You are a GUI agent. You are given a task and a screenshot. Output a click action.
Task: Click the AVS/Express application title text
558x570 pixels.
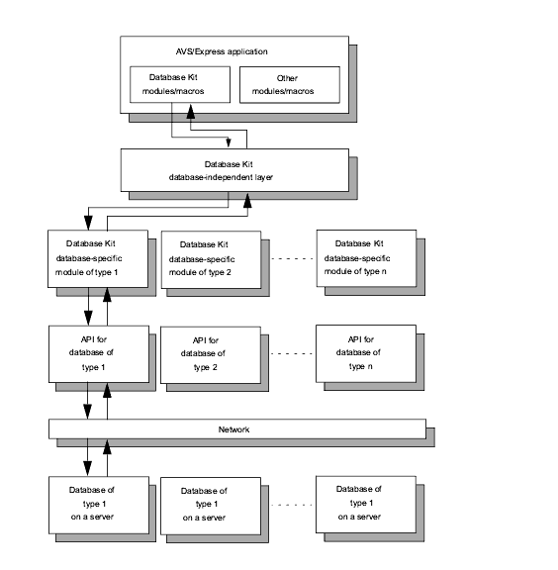tap(222, 51)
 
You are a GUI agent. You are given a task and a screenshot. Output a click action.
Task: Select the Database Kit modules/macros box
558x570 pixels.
tap(180, 84)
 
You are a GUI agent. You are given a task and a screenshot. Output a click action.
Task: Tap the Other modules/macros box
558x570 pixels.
tap(290, 85)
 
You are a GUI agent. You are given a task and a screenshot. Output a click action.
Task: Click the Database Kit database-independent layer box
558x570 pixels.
tap(234, 170)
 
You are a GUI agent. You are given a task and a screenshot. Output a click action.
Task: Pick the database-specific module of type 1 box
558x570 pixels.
tap(98, 258)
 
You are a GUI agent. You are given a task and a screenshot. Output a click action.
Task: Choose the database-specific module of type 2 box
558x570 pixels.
tap(211, 259)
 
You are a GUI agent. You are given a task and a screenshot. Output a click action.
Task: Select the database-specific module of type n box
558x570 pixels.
tap(366, 258)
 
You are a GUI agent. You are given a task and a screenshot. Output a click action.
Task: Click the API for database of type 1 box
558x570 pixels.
tap(99, 354)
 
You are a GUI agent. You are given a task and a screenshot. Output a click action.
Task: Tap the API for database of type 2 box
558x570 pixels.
tap(211, 355)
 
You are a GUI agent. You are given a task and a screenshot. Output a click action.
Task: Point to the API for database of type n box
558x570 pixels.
tap(366, 353)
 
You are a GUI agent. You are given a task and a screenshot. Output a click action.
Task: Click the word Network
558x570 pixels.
tap(233, 429)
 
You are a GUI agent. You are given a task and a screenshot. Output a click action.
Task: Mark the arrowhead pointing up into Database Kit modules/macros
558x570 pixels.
tap(191, 112)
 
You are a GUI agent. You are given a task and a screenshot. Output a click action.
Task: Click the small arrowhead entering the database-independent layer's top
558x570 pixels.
tap(229, 142)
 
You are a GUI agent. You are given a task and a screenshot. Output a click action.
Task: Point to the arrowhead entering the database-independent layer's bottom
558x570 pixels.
tap(247, 200)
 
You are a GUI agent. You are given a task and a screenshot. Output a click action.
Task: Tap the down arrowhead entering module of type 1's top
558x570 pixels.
tap(88, 223)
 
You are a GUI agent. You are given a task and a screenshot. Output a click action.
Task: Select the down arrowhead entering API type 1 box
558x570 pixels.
tap(88, 318)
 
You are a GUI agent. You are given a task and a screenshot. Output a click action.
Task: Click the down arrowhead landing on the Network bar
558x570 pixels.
tap(88, 412)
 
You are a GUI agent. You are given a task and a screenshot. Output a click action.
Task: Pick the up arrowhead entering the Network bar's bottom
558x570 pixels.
tap(107, 447)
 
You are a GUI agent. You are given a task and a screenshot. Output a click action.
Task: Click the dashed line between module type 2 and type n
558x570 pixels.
tap(292, 259)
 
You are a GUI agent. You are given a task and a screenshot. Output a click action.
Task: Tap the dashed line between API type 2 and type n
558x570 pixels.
tap(292, 353)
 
